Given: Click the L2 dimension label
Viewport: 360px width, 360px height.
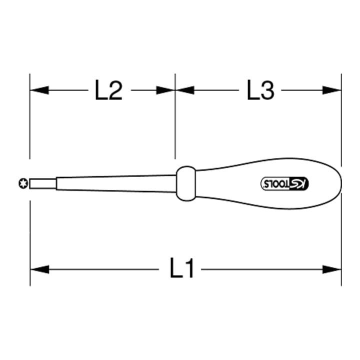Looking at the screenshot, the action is click(108, 90).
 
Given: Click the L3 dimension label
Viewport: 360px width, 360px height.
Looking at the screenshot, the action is click(260, 90).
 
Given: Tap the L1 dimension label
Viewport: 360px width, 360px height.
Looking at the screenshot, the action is click(181, 268).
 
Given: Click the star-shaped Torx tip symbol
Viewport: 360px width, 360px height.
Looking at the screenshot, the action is click(23, 183).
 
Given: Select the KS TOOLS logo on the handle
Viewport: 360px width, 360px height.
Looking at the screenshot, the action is click(285, 183).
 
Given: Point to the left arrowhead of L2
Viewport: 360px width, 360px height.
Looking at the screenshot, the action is click(39, 90).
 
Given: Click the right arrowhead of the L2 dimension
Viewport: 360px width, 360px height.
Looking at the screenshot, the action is click(166, 90).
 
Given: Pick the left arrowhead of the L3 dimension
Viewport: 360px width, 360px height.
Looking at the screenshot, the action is click(185, 90).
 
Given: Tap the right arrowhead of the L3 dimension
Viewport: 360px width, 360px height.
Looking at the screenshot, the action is click(332, 90).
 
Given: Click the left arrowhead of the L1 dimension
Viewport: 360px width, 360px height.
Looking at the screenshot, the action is click(39, 269).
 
